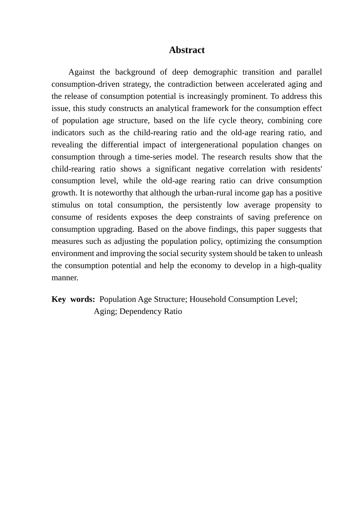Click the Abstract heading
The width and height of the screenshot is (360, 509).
[186, 50]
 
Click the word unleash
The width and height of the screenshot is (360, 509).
[309, 253]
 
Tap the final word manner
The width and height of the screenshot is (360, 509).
[65, 278]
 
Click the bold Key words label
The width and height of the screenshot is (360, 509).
[73, 299]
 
